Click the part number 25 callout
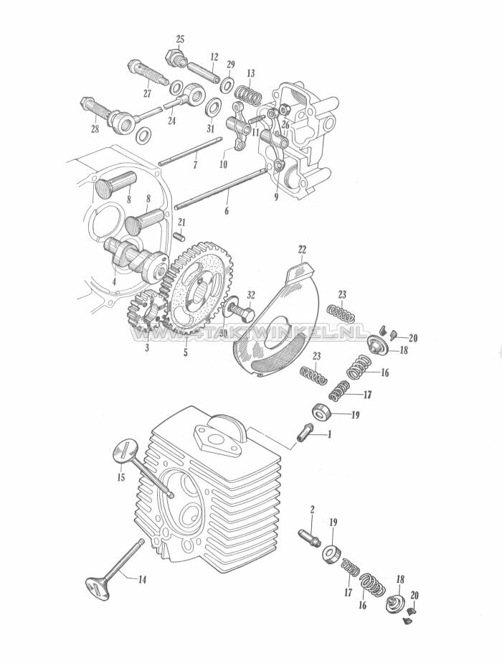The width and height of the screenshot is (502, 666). point(180,38)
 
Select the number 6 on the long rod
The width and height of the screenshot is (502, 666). point(227,212)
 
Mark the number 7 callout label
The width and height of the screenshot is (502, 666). point(196,165)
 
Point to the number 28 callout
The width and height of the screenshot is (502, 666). point(94,129)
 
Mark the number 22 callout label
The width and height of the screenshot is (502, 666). point(302,249)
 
